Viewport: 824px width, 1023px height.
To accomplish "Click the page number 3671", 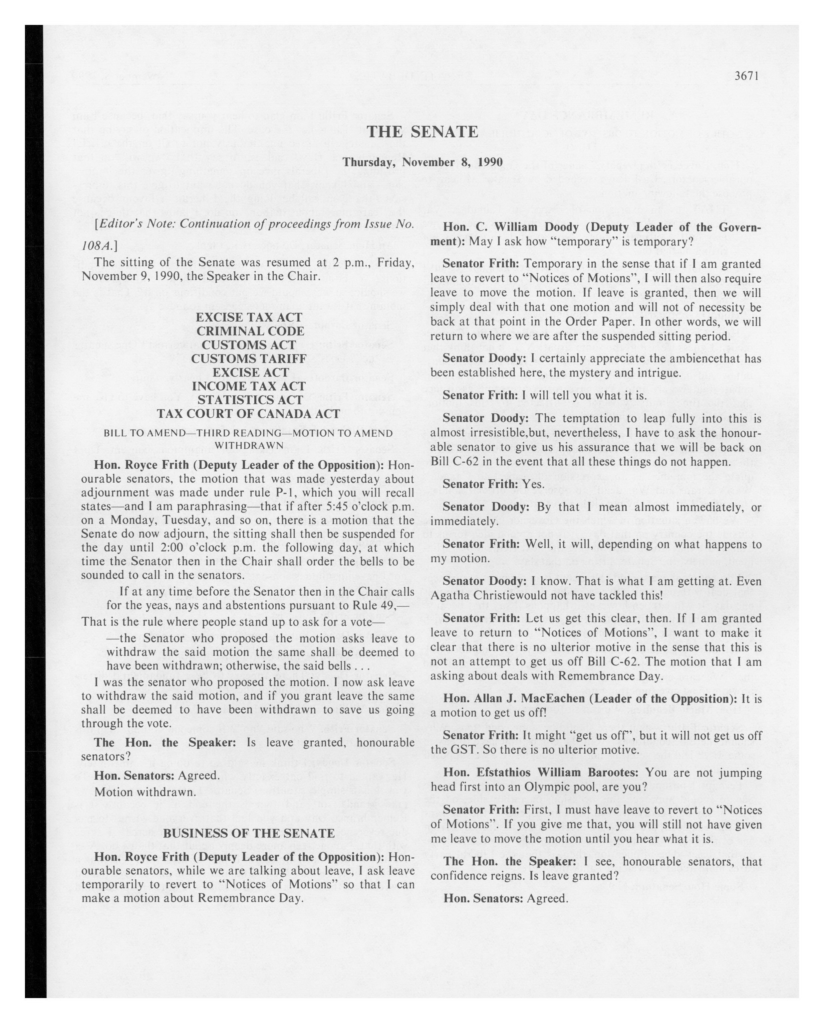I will pos(747,76).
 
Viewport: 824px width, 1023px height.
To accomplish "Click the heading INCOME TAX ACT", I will pos(248,386).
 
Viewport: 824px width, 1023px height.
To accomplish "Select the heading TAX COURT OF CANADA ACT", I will pos(248,413).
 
